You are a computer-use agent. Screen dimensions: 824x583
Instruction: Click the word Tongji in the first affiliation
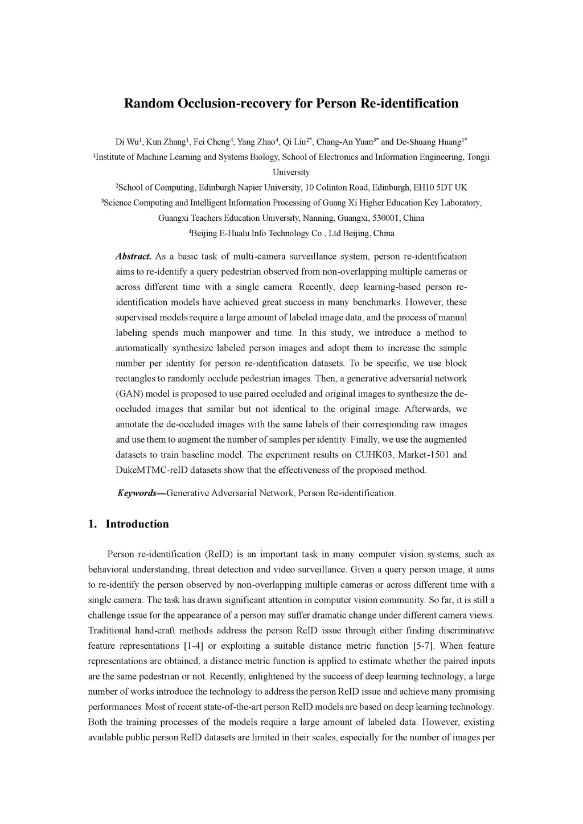click(478, 157)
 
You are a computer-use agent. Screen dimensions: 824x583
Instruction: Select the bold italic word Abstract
click(133, 257)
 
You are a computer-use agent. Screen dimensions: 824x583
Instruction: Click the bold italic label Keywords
click(137, 493)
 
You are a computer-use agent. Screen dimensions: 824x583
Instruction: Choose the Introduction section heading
click(137, 524)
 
